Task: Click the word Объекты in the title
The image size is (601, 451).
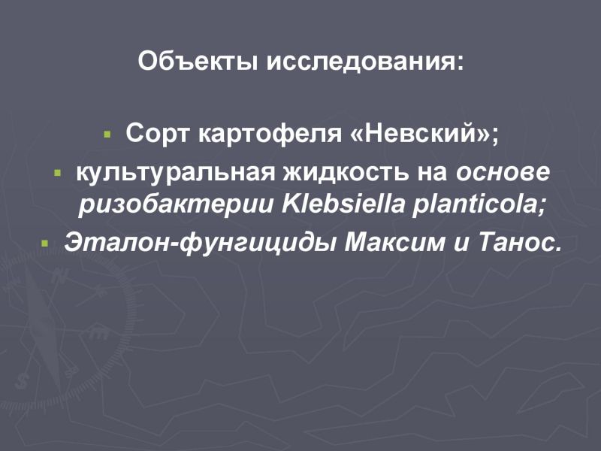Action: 198,61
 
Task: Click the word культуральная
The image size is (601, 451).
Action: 176,174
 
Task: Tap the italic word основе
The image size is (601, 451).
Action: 503,174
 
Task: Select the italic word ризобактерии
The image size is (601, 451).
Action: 176,205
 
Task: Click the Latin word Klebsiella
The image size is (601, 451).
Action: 343,204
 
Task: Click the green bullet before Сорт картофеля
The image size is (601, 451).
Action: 107,135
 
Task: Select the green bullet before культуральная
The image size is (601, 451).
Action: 58,174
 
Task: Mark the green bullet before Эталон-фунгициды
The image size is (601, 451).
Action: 45,244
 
